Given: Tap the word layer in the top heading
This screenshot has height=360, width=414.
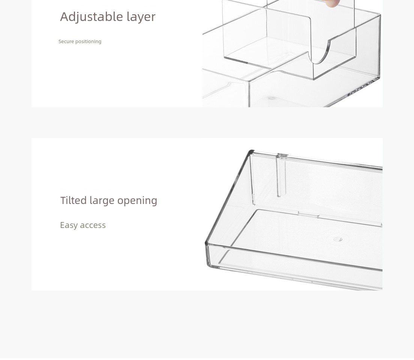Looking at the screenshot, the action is point(141,17).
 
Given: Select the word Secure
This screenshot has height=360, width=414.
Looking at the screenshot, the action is point(66,42).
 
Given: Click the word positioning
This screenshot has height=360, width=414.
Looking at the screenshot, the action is point(88,42).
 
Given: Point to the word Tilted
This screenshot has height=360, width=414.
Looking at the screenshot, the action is point(73,200).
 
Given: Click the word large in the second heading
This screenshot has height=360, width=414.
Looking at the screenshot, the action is point(102,201).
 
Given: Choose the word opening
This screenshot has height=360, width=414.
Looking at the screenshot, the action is point(137,201).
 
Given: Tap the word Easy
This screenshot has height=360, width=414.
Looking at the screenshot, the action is point(69,225).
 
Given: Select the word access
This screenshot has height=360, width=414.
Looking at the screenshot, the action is point(93,225).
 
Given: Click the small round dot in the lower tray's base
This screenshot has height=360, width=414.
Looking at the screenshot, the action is point(338,239).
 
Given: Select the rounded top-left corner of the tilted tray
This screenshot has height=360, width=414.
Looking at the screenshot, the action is point(250,152).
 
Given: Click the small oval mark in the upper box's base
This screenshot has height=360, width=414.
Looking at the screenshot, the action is point(272,98).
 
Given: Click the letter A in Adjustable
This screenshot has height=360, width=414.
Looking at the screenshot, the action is point(64,16).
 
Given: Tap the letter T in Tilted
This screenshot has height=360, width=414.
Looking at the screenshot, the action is point(63,200).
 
